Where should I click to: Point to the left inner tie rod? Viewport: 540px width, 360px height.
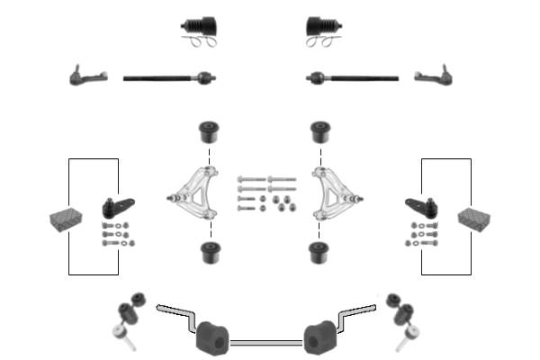[168, 78]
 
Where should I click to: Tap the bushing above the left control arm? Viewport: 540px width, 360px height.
[210, 132]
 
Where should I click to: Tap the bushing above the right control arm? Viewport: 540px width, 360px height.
[318, 132]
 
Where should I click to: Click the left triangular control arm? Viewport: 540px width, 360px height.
[198, 193]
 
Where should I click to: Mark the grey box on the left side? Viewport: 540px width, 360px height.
[63, 219]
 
